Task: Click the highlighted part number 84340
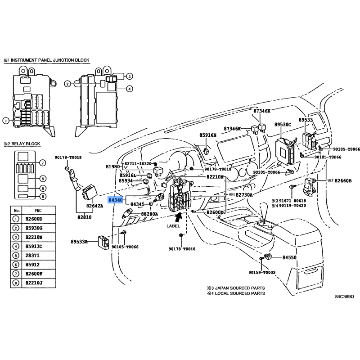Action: pyautogui.click(x=116, y=200)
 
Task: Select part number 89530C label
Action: pyautogui.click(x=283, y=125)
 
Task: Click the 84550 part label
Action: pyautogui.click(x=289, y=257)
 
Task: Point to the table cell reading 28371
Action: pyautogui.click(x=32, y=255)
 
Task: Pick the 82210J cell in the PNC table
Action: pyautogui.click(x=34, y=283)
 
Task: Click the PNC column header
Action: pyautogui.click(x=38, y=211)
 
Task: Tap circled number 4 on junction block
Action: pyautogui.click(x=130, y=89)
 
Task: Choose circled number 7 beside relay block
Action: pyautogui.click(x=42, y=163)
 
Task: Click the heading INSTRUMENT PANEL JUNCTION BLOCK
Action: pyautogui.click(x=50, y=60)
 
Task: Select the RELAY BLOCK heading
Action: pyautogui.click(x=26, y=144)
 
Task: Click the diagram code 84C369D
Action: pyautogui.click(x=344, y=297)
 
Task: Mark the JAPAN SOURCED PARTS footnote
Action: pyautogui.click(x=240, y=288)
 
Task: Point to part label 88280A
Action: pyautogui.click(x=149, y=214)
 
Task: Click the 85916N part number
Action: pyautogui.click(x=208, y=135)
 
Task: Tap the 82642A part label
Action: pyautogui.click(x=94, y=206)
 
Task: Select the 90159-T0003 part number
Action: pyautogui.click(x=262, y=273)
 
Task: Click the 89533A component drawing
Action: pyautogui.click(x=103, y=243)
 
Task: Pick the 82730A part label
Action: pyautogui.click(x=244, y=195)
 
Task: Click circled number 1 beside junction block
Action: pyautogui.click(x=5, y=121)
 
